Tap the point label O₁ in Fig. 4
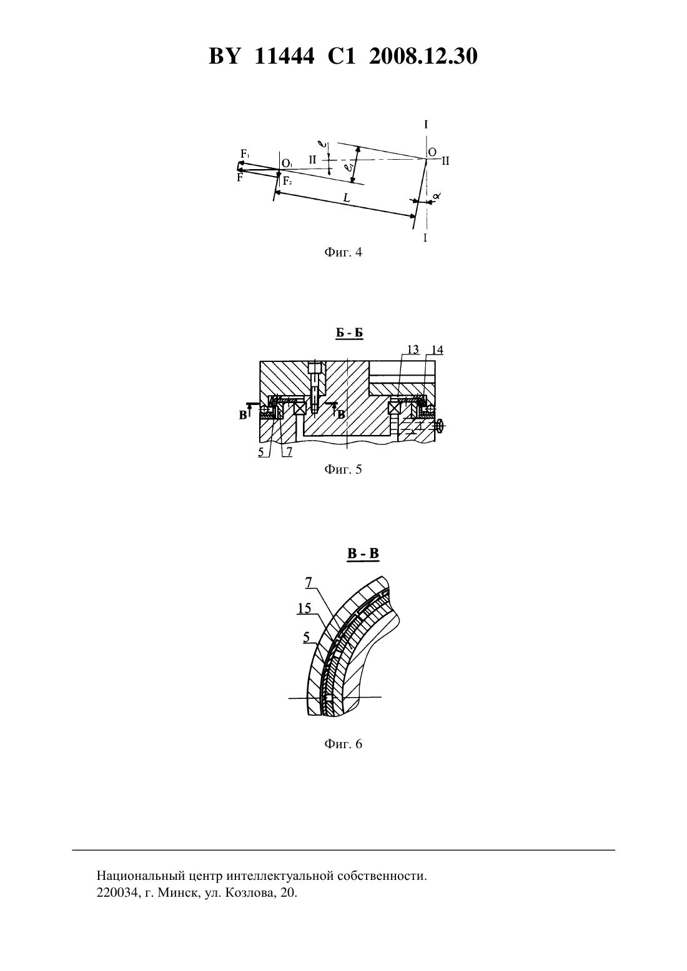coord(287,163)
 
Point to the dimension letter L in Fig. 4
coord(347,198)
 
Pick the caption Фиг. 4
coord(343,252)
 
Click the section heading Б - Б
coord(349,333)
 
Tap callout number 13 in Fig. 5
coord(413,349)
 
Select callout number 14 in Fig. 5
coord(437,350)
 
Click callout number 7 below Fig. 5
coord(289,452)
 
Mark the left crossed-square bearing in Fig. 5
coord(300,408)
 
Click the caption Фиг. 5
coord(343,469)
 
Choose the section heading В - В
coord(363,554)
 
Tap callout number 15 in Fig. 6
coord(304,608)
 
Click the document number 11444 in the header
coord(284,56)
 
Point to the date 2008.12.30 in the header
coord(423,56)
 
